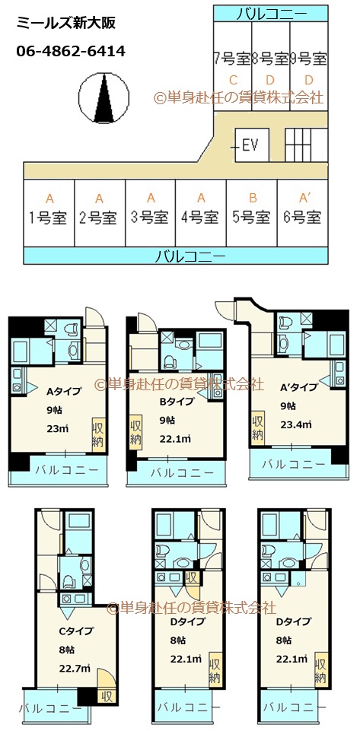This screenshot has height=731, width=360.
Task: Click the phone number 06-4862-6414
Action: click(71, 52)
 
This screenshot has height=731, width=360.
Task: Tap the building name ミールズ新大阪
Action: click(65, 24)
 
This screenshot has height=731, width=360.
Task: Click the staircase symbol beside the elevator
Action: click(304, 145)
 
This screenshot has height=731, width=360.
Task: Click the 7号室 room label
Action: click(231, 58)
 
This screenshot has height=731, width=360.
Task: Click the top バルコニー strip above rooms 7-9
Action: click(271, 13)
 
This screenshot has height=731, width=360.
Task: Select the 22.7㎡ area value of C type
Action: click(75, 669)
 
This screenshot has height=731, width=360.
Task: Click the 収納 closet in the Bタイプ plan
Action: click(135, 432)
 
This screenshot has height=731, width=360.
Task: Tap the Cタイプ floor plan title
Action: click(76, 630)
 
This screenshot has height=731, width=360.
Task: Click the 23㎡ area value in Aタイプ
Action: click(58, 428)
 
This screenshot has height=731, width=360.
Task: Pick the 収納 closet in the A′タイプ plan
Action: click(259, 428)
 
